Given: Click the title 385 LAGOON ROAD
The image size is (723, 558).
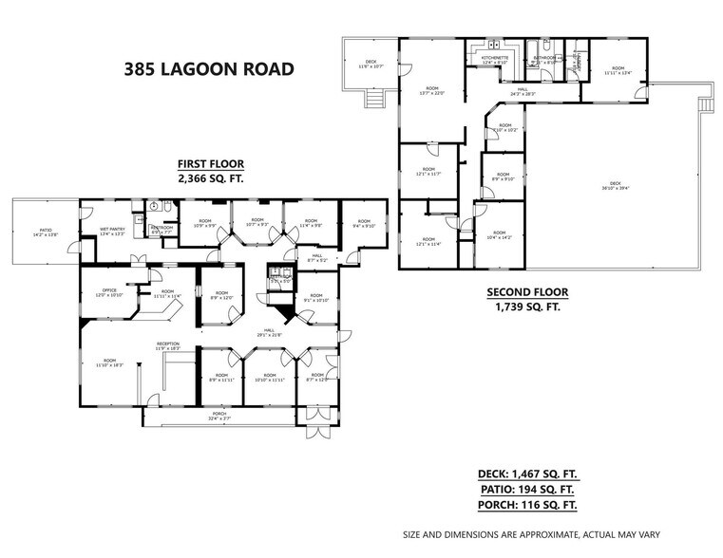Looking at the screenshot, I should point(202,68).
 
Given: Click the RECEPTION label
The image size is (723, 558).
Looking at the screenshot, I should point(168,346).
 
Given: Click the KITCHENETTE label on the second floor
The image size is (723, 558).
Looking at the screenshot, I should point(495,59).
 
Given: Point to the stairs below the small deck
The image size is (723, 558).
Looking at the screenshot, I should point(375,98).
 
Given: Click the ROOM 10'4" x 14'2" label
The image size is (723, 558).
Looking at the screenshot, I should point(501,237).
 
